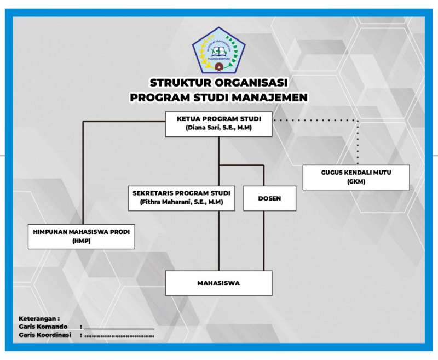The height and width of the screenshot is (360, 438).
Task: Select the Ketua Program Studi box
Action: point(218,123)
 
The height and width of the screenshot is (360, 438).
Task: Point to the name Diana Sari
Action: point(206,128)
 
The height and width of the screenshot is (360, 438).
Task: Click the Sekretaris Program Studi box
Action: point(181,198)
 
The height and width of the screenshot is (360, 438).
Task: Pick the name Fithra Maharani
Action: point(168,202)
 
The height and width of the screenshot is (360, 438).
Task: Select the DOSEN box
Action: point(269,198)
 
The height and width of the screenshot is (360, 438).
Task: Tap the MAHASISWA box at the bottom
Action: point(218,283)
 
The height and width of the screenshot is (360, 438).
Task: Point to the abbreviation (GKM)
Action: point(356,182)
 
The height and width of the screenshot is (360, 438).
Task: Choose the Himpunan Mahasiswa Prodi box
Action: point(82,236)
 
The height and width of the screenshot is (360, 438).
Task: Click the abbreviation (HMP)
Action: point(82,241)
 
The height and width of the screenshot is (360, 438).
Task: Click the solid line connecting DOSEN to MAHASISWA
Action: point(264,241)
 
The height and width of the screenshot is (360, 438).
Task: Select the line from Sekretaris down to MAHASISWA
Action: point(219,241)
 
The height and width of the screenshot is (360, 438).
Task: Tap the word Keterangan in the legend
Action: point(39,318)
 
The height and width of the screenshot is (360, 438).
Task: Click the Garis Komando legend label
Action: point(43,327)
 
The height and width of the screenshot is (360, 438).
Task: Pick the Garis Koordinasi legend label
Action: point(45,335)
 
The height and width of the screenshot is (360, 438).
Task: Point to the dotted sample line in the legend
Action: point(119,335)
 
